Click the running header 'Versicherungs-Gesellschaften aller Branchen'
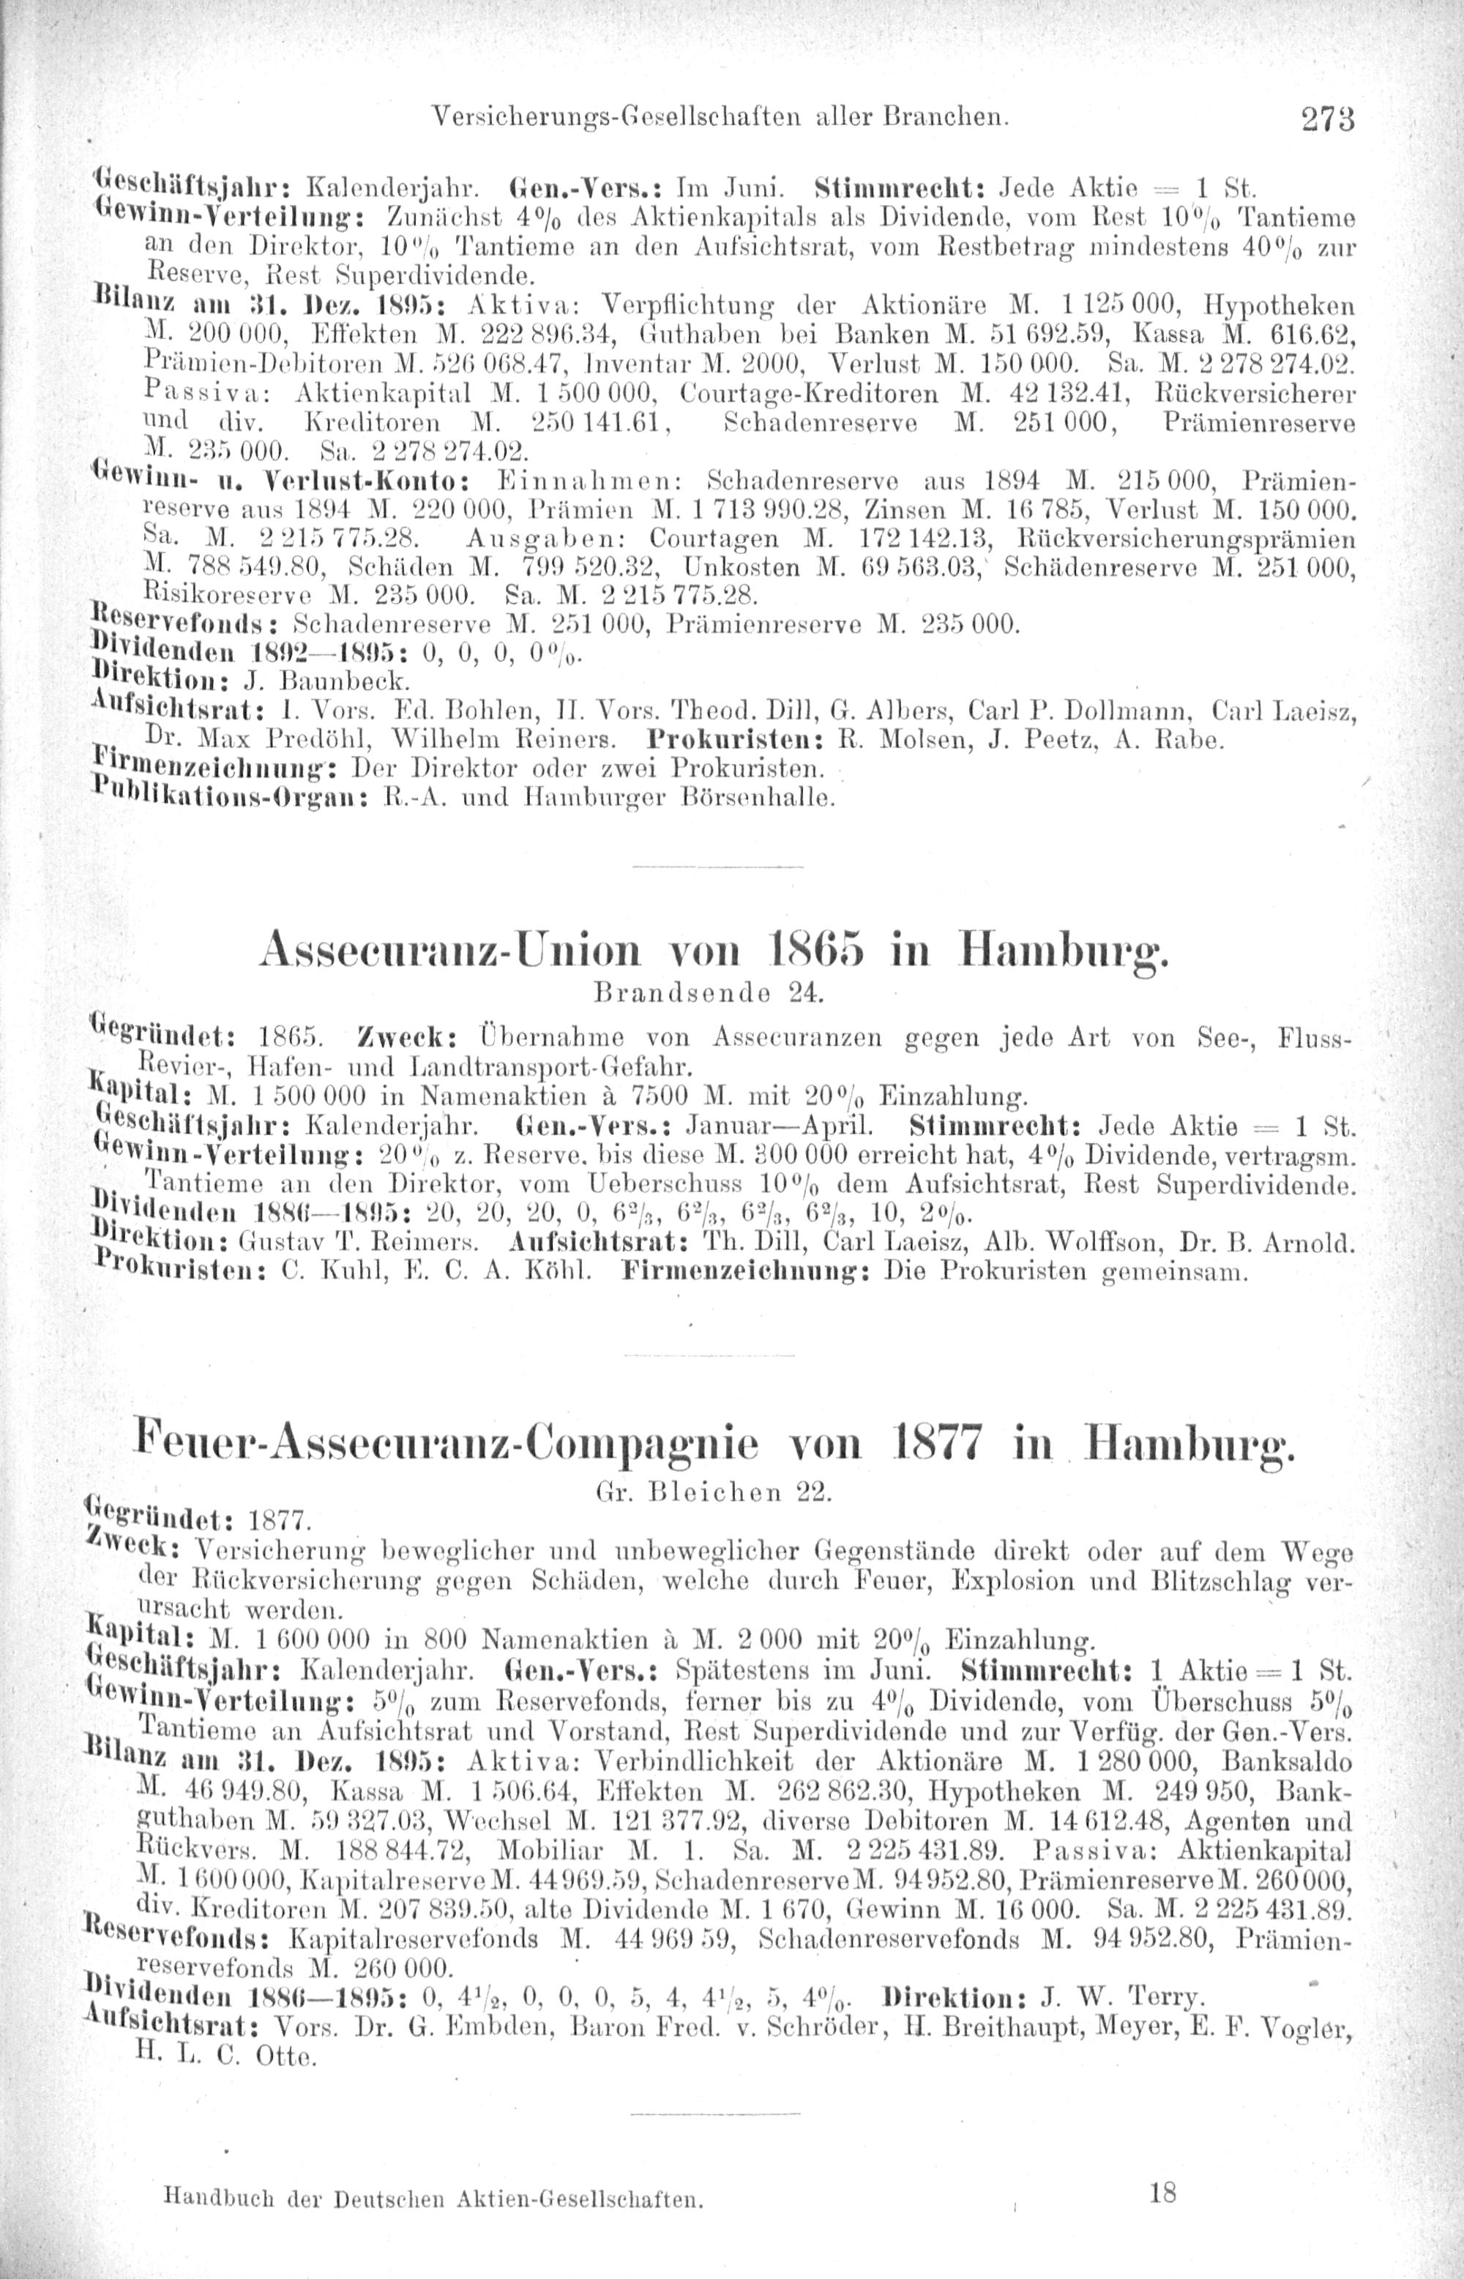point(720,118)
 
